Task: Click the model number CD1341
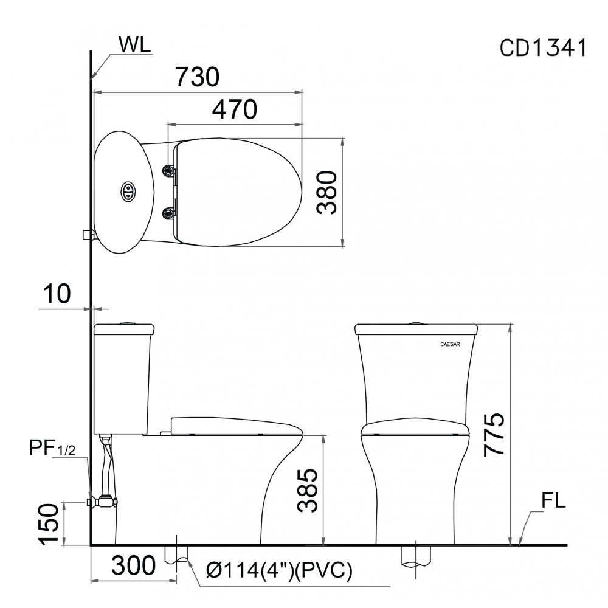tap(543, 48)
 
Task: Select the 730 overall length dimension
tap(198, 77)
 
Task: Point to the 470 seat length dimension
tap(234, 109)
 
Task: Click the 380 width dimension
tap(326, 192)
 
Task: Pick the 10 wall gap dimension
tap(57, 294)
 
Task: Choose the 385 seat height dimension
tap(308, 490)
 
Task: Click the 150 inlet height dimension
tap(50, 524)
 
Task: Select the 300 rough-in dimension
tap(133, 565)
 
